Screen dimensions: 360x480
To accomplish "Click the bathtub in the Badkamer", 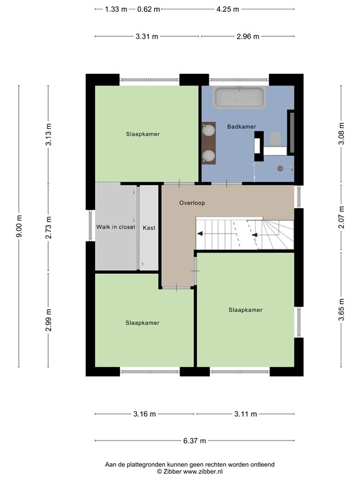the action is [239, 97].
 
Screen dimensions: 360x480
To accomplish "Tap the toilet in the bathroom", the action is [276, 139].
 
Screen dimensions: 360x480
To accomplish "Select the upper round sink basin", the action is [209, 130].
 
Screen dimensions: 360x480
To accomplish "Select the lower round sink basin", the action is [209, 156].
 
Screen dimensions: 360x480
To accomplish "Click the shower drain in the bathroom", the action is [280, 168].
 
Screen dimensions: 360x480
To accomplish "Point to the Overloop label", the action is [192, 202].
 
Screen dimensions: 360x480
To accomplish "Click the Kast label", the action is [149, 227].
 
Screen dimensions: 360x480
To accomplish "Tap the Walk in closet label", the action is [116, 227].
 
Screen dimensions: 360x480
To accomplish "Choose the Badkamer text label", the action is [241, 126].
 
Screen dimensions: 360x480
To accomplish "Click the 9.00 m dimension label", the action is [19, 226].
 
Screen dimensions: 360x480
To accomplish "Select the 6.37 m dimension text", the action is [195, 441].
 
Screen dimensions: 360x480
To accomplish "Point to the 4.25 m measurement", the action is [227, 9].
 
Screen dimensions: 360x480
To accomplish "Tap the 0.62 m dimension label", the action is [149, 9].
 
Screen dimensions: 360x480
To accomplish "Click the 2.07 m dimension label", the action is [341, 217].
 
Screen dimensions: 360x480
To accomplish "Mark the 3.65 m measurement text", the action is [341, 309].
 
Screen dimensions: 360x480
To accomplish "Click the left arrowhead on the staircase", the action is [200, 234].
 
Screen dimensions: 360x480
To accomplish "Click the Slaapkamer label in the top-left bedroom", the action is [142, 134].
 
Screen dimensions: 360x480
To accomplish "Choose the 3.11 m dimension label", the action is [246, 414].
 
